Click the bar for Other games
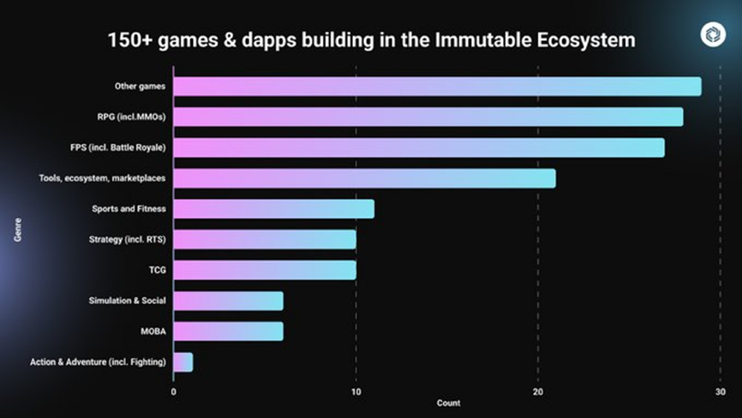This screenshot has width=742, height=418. pos(437,87)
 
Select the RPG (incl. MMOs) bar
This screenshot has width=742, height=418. pos(428,116)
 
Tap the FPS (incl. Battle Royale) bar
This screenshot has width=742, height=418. pos(419,147)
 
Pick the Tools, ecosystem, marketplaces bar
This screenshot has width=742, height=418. pos(364,178)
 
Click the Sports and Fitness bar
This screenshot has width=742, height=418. pos(273,209)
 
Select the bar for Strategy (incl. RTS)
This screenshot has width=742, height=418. pos(265,239)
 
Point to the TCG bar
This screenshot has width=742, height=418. pos(265,270)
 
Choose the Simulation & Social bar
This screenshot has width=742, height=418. pos(228,301)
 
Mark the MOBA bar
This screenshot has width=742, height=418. pos(228,331)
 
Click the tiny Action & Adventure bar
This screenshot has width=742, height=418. pos(183,362)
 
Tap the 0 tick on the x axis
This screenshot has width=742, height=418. pos(174,391)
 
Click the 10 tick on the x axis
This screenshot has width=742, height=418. pos(356,391)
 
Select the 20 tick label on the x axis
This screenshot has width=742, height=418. pos(537,391)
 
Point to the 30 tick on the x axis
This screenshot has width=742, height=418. pos(719,391)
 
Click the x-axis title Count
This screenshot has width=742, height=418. pos(448,403)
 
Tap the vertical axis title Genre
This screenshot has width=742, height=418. pos(17,230)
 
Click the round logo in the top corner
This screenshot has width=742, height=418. pos(713,34)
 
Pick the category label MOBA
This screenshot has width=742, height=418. pos(153,331)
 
